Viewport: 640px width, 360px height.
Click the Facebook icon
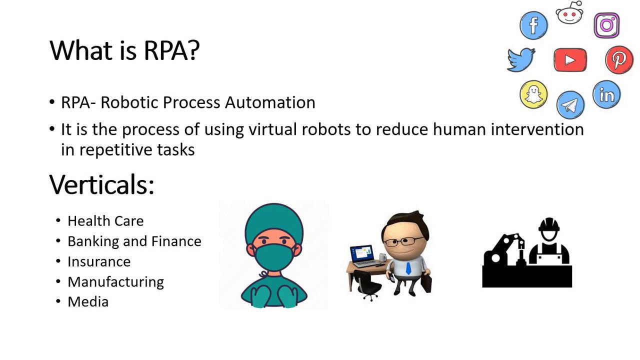(x=533, y=25)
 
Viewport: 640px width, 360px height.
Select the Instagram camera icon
(x=606, y=25)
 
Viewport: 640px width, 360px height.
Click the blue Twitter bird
(x=521, y=59)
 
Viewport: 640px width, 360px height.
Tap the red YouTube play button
(x=570, y=59)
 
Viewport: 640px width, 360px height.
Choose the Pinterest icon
(x=619, y=59)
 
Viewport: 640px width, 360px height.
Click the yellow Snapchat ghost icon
(x=533, y=94)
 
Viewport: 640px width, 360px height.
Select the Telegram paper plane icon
(x=570, y=105)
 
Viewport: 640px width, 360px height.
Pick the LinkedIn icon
(x=606, y=94)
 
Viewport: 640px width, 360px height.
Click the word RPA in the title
(x=171, y=51)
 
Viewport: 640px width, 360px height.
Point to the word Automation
(x=270, y=102)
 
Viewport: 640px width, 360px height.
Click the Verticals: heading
(x=101, y=184)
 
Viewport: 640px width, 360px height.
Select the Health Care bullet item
(x=105, y=221)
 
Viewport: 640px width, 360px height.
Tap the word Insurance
(x=99, y=261)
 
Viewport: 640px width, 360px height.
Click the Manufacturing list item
(x=115, y=282)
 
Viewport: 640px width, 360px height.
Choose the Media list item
(x=88, y=301)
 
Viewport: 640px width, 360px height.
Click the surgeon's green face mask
(x=274, y=257)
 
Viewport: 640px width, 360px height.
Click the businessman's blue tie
(x=408, y=268)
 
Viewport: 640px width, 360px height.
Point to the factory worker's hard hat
(x=549, y=224)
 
